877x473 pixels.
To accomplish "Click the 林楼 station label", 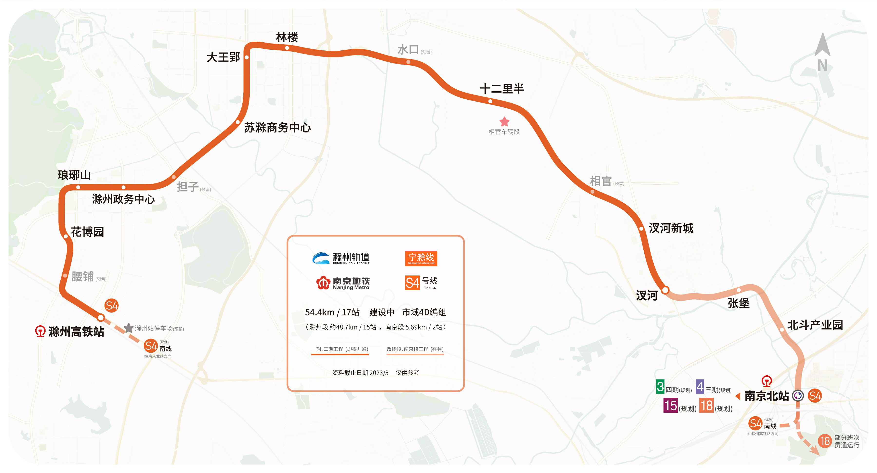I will [x=287, y=37].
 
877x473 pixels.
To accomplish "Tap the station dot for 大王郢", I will [x=247, y=57].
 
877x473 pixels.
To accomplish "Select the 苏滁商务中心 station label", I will [x=277, y=128].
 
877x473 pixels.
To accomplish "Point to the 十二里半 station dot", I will [x=490, y=101].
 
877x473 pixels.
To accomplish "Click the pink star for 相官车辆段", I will [x=504, y=122].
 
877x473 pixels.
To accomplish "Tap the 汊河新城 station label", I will [x=671, y=228].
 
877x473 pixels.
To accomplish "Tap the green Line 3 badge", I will [x=660, y=387].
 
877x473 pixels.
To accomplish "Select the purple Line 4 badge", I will [x=700, y=387].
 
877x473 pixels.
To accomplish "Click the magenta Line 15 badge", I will [x=670, y=406].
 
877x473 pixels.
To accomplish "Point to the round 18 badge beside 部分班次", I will [x=825, y=441].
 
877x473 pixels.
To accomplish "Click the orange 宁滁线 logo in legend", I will [x=421, y=259].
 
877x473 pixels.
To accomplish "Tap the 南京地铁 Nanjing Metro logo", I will [x=343, y=283].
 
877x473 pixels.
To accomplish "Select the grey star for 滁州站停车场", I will [x=129, y=328].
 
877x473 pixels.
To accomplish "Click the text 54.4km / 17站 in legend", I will [x=332, y=312].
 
